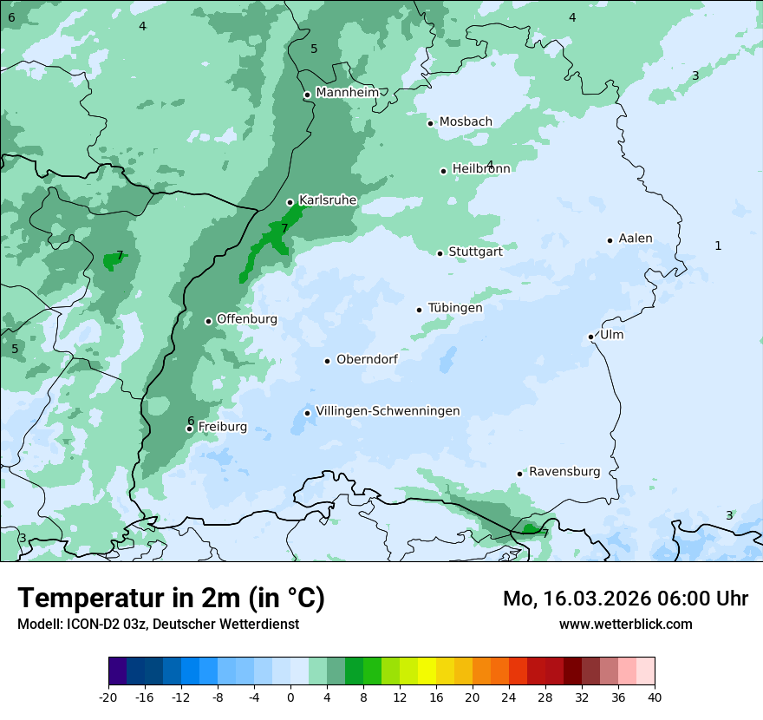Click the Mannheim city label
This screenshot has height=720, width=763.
tap(347, 92)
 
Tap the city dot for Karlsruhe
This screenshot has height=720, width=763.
tap(290, 202)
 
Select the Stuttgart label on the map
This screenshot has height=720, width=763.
tap(475, 252)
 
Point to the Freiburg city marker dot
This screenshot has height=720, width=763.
tap(189, 429)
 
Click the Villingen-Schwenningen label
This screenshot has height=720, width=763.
tap(388, 411)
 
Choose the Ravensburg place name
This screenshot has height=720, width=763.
tap(564, 472)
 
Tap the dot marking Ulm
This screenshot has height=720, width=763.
tap(590, 337)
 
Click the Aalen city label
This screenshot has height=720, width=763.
tap(636, 239)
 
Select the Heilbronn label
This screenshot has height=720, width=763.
tap(481, 168)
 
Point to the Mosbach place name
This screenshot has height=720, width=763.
tap(466, 122)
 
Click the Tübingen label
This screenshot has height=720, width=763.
tap(455, 308)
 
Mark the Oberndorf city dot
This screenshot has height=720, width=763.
tap(327, 361)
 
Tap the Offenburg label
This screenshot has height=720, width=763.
tap(247, 319)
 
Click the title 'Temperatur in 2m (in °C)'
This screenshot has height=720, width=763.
tap(171, 598)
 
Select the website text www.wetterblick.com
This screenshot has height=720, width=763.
tap(625, 624)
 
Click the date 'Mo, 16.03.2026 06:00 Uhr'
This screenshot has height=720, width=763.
tap(625, 599)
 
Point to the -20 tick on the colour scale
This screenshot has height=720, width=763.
tap(108, 697)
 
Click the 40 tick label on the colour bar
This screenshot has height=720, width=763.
tap(655, 697)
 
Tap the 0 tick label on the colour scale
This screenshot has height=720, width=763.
tap(290, 697)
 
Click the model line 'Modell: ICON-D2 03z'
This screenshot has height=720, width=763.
tap(158, 624)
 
